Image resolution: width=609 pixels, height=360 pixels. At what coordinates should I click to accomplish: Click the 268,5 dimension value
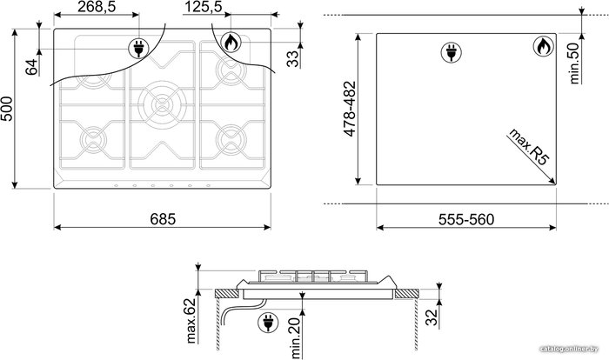97,7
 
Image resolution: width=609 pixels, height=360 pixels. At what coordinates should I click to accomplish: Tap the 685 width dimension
163,219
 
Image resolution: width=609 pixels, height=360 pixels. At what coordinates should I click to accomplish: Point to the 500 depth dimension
7,109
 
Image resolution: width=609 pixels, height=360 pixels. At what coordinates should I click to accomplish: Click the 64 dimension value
32,66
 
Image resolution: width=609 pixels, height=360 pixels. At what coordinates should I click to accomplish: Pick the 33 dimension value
294,59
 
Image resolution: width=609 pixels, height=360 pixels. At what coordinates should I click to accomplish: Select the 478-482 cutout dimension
350,109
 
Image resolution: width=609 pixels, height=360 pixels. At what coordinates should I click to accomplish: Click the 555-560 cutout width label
466,219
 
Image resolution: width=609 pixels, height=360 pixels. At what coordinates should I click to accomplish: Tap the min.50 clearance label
574,63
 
